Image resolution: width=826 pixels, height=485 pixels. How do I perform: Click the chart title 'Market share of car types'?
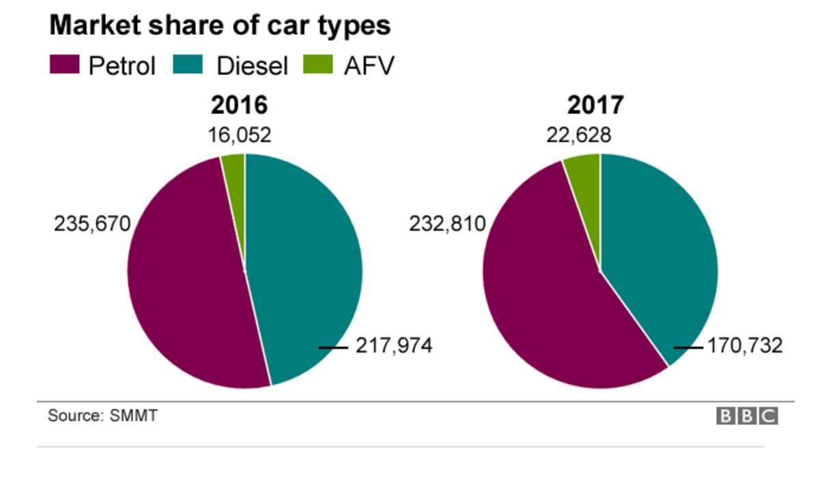[x=220, y=25]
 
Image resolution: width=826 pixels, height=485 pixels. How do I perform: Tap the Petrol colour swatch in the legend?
[x=66, y=65]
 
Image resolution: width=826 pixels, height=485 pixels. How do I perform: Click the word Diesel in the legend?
[x=252, y=66]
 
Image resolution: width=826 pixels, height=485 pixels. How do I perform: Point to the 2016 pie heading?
[x=239, y=106]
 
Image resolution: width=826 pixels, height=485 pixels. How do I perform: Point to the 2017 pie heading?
[x=595, y=106]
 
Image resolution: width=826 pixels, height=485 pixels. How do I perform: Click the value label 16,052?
[x=239, y=135]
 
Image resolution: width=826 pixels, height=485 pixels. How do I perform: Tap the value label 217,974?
[x=394, y=347]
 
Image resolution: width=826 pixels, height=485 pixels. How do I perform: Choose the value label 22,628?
[x=579, y=135]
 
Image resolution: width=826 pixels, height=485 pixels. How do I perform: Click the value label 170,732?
[x=744, y=347]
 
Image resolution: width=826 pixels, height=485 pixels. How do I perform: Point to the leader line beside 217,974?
[x=333, y=347]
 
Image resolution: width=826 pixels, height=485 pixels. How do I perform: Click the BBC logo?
[x=747, y=416]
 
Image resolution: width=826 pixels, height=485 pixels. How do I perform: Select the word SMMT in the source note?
[x=133, y=415]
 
